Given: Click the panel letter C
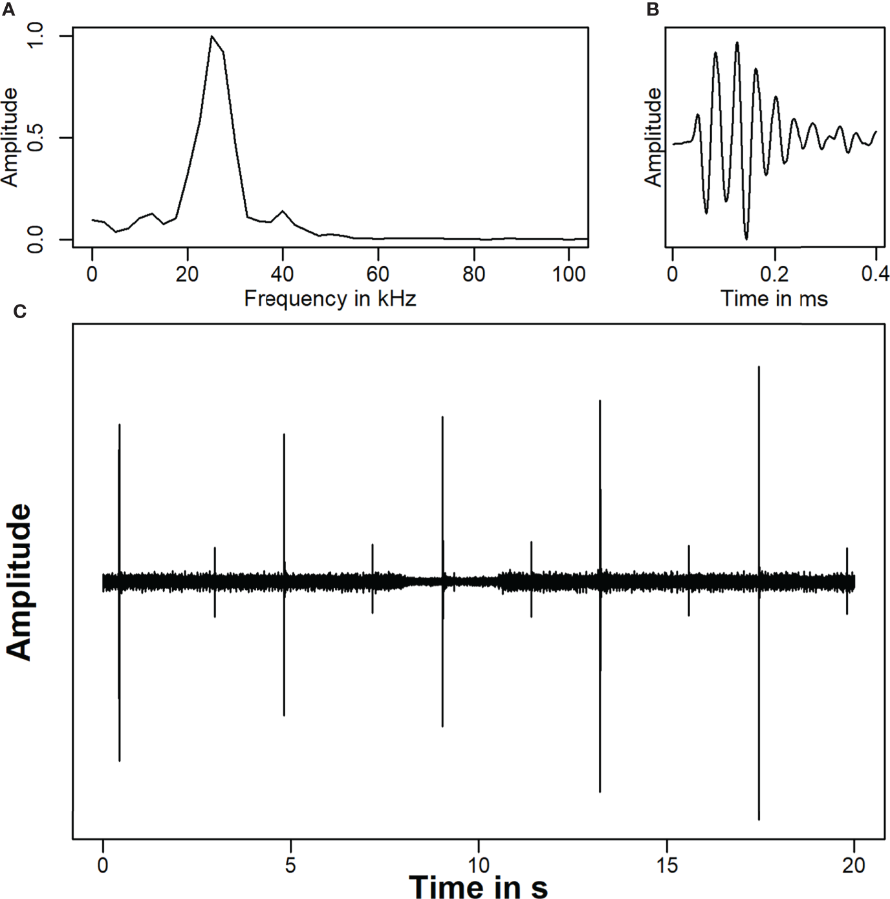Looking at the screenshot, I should [19, 312].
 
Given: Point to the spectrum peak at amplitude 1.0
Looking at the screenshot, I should [212, 36].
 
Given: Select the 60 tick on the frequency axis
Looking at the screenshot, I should [378, 274].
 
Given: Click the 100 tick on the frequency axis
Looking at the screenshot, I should [569, 274].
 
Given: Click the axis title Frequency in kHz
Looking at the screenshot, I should [330, 298].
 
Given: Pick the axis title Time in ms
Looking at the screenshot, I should [774, 298].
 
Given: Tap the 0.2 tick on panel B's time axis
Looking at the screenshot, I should [774, 274].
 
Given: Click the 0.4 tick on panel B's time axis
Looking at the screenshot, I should [875, 274].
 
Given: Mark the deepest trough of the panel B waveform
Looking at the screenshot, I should [746, 238].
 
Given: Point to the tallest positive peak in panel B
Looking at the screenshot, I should [737, 43].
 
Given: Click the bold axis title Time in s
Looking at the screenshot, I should [478, 886].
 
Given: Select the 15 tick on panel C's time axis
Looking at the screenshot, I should [666, 865].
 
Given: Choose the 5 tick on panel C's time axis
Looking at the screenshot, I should [290, 865].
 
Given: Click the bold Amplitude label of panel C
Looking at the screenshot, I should [19, 582].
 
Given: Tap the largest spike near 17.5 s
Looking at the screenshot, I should [759, 388].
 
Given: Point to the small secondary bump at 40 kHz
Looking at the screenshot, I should [283, 211].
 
